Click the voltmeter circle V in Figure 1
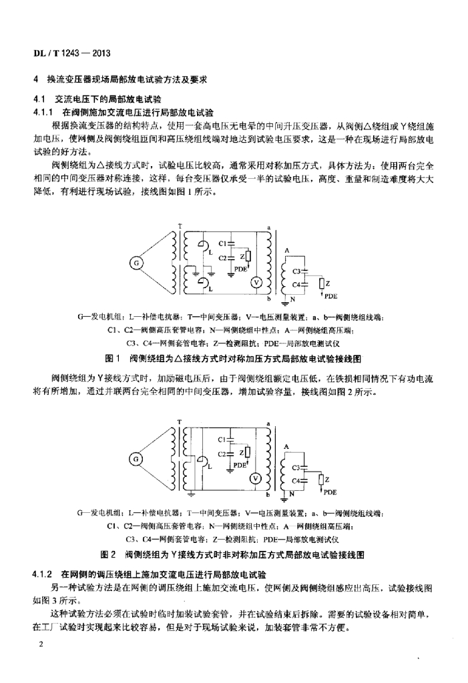pyautogui.click(x=254, y=282)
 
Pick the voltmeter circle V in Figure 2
pyautogui.click(x=254, y=478)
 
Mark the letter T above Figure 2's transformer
pyautogui.click(x=180, y=422)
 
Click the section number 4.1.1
pyautogui.click(x=43, y=112)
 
